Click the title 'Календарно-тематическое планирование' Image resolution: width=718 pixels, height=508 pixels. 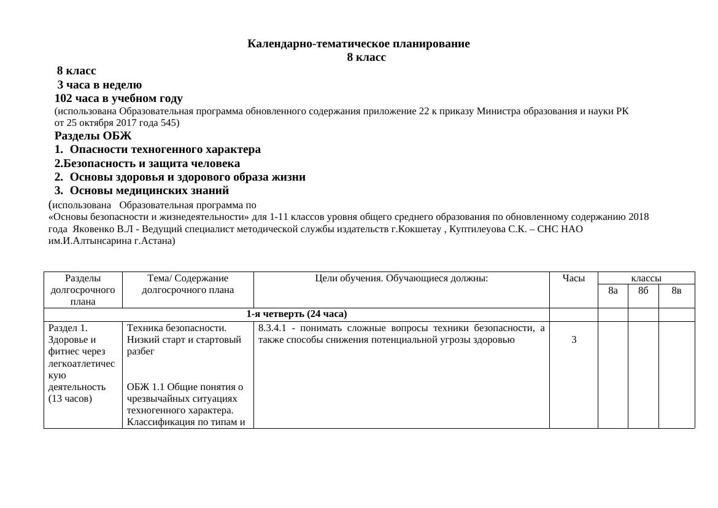click(x=358, y=44)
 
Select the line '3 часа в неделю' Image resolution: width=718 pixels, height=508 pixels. click(x=99, y=85)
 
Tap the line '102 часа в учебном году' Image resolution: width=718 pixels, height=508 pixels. click(x=118, y=98)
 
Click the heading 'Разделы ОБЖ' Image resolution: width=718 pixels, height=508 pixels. click(x=93, y=136)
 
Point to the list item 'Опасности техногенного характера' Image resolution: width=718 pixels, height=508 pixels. click(x=165, y=149)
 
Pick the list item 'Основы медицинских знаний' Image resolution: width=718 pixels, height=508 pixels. click(x=149, y=190)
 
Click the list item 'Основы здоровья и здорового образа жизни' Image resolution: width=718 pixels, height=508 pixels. click(x=187, y=177)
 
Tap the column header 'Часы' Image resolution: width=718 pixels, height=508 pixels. click(x=573, y=278)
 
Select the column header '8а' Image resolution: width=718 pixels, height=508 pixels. click(x=612, y=291)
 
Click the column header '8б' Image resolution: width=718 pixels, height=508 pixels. click(x=643, y=291)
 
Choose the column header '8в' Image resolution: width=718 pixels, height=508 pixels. click(x=676, y=291)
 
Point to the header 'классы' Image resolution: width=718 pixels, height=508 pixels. click(x=646, y=278)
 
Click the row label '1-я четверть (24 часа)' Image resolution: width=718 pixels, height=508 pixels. click(x=296, y=315)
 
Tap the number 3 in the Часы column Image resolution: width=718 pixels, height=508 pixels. click(x=573, y=340)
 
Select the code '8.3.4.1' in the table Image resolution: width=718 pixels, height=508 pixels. click(x=272, y=328)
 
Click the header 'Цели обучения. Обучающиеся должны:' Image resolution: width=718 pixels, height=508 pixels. click(x=401, y=278)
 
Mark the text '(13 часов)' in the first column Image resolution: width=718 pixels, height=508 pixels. click(x=70, y=399)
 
